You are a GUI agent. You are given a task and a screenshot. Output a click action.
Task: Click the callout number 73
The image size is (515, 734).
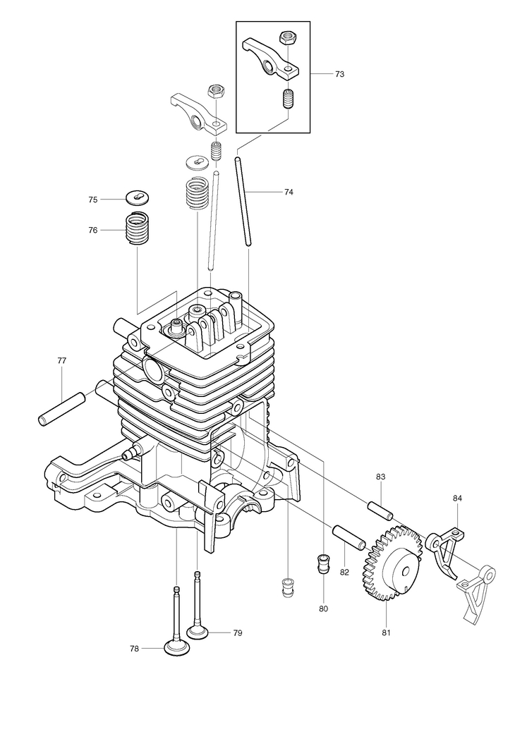[x=339, y=74]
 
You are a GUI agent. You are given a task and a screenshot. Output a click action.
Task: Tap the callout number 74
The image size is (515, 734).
[x=289, y=192]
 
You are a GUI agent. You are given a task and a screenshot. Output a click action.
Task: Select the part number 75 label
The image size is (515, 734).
[x=93, y=200]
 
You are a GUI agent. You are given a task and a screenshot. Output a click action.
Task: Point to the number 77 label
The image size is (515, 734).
[x=62, y=360]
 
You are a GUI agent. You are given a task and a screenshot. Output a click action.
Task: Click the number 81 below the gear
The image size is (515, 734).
[x=386, y=632]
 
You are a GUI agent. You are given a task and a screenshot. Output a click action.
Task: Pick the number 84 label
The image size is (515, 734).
[x=457, y=498]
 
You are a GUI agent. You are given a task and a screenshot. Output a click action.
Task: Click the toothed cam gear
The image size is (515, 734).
[x=392, y=563]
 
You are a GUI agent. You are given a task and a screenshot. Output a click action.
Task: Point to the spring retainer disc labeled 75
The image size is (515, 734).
[x=138, y=197]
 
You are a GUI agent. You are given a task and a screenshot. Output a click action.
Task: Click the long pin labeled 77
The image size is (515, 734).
[x=62, y=409]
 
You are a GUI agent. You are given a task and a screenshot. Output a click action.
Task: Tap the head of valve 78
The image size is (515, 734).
[x=176, y=649]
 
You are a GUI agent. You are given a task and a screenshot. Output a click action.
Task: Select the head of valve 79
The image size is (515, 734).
[x=198, y=632]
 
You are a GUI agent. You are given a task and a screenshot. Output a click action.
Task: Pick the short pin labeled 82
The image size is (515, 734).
[x=349, y=538]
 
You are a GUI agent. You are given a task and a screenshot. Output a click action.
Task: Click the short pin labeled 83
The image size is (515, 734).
[x=380, y=510]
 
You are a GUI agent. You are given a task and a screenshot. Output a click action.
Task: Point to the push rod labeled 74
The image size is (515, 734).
[x=243, y=201]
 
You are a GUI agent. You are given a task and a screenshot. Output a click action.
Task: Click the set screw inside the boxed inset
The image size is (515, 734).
[x=288, y=98]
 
